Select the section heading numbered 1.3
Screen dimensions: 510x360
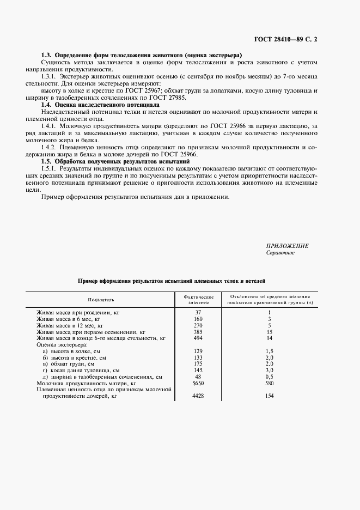[x=142, y=56]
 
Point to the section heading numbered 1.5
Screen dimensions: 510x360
[x=115, y=161]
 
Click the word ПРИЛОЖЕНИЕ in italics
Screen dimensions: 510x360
[x=287, y=246]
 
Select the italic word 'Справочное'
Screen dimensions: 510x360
[x=280, y=253]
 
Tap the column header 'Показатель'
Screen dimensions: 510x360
[x=100, y=300]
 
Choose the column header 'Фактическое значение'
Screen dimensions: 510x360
[x=198, y=299]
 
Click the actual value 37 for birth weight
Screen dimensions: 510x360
[x=197, y=312]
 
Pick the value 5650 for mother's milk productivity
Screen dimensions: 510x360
[x=197, y=383]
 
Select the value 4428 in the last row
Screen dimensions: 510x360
[x=197, y=397]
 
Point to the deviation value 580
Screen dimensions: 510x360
[x=269, y=383]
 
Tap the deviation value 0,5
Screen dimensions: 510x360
[x=269, y=377]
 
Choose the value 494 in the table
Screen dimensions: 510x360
[x=197, y=338]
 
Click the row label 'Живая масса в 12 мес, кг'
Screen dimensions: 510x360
[x=69, y=325]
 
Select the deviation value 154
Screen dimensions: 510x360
[x=269, y=397]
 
